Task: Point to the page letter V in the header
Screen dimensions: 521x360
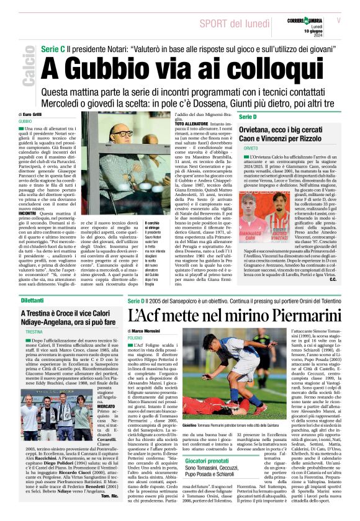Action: click(x=338, y=20)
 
